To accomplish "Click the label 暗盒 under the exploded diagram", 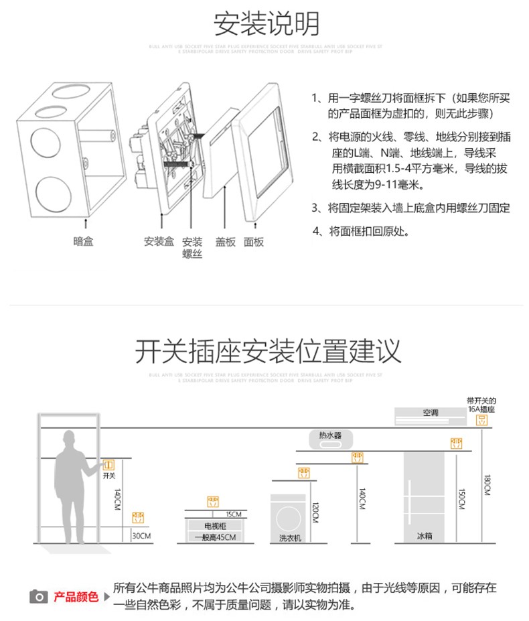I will [x=83, y=242].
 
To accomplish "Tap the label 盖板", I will [x=225, y=242].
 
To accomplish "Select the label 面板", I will [x=254, y=242].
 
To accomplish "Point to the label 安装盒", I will [x=159, y=242].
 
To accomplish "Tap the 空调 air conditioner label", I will [x=430, y=413].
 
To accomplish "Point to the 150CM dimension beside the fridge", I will [x=462, y=499].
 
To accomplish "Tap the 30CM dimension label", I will [x=141, y=536].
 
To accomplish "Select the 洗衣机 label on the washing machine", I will [x=290, y=537].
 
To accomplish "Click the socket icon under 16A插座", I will [x=480, y=420].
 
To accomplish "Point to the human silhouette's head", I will [x=69, y=439].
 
